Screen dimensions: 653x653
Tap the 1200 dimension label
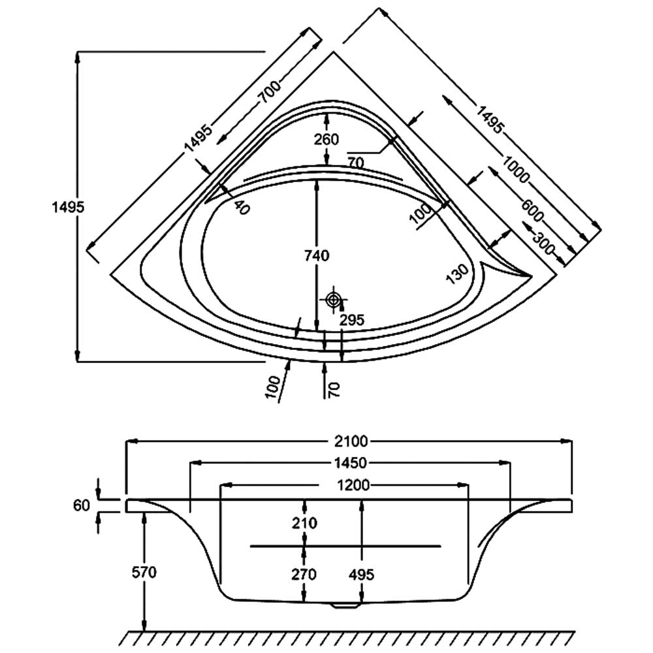tap(353, 485)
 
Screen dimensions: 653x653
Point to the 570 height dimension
tap(144, 573)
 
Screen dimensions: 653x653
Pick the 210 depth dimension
tap(305, 523)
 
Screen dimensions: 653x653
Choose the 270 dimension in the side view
tap(305, 575)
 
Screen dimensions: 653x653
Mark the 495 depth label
tap(361, 575)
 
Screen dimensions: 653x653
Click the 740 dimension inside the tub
tap(317, 256)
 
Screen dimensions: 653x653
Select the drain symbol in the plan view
tap(334, 300)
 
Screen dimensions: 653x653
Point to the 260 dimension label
tap(326, 139)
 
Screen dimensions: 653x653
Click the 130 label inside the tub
tap(458, 275)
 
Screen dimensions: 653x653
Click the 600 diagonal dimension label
tap(532, 207)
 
